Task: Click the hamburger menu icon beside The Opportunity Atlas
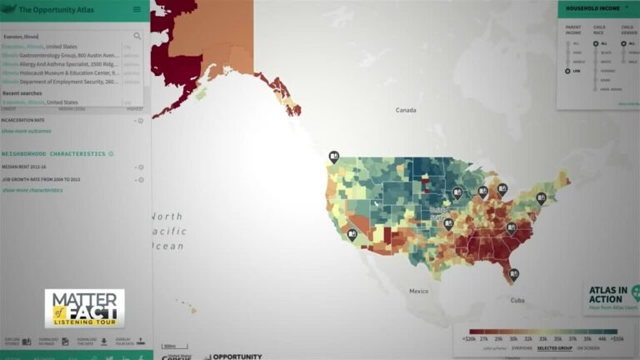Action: [x=137, y=9]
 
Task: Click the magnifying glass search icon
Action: [x=137, y=36]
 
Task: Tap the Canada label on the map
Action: [x=405, y=110]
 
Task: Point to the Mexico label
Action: [x=417, y=291]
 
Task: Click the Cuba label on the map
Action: [x=517, y=300]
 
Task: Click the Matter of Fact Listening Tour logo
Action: [x=84, y=308]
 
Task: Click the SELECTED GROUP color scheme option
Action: [x=554, y=348]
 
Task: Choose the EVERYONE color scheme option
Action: [x=521, y=348]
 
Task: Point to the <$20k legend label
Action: [x=469, y=340]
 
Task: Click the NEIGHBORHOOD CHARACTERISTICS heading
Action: [x=53, y=154]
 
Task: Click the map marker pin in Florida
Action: [x=514, y=272]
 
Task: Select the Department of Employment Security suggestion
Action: [x=62, y=82]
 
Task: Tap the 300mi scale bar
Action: [x=169, y=346]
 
